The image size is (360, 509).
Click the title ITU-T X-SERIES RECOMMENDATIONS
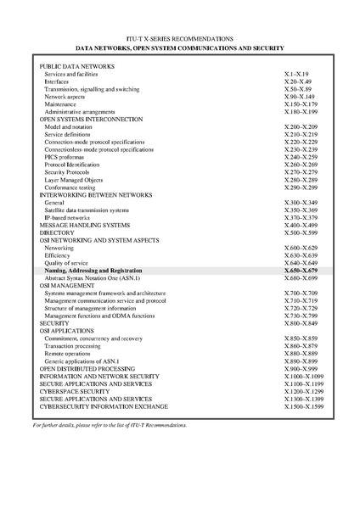(181, 39)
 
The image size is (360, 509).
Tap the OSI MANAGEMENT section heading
(69, 285)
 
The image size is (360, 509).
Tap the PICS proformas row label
(67, 157)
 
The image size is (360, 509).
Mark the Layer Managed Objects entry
(74, 180)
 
